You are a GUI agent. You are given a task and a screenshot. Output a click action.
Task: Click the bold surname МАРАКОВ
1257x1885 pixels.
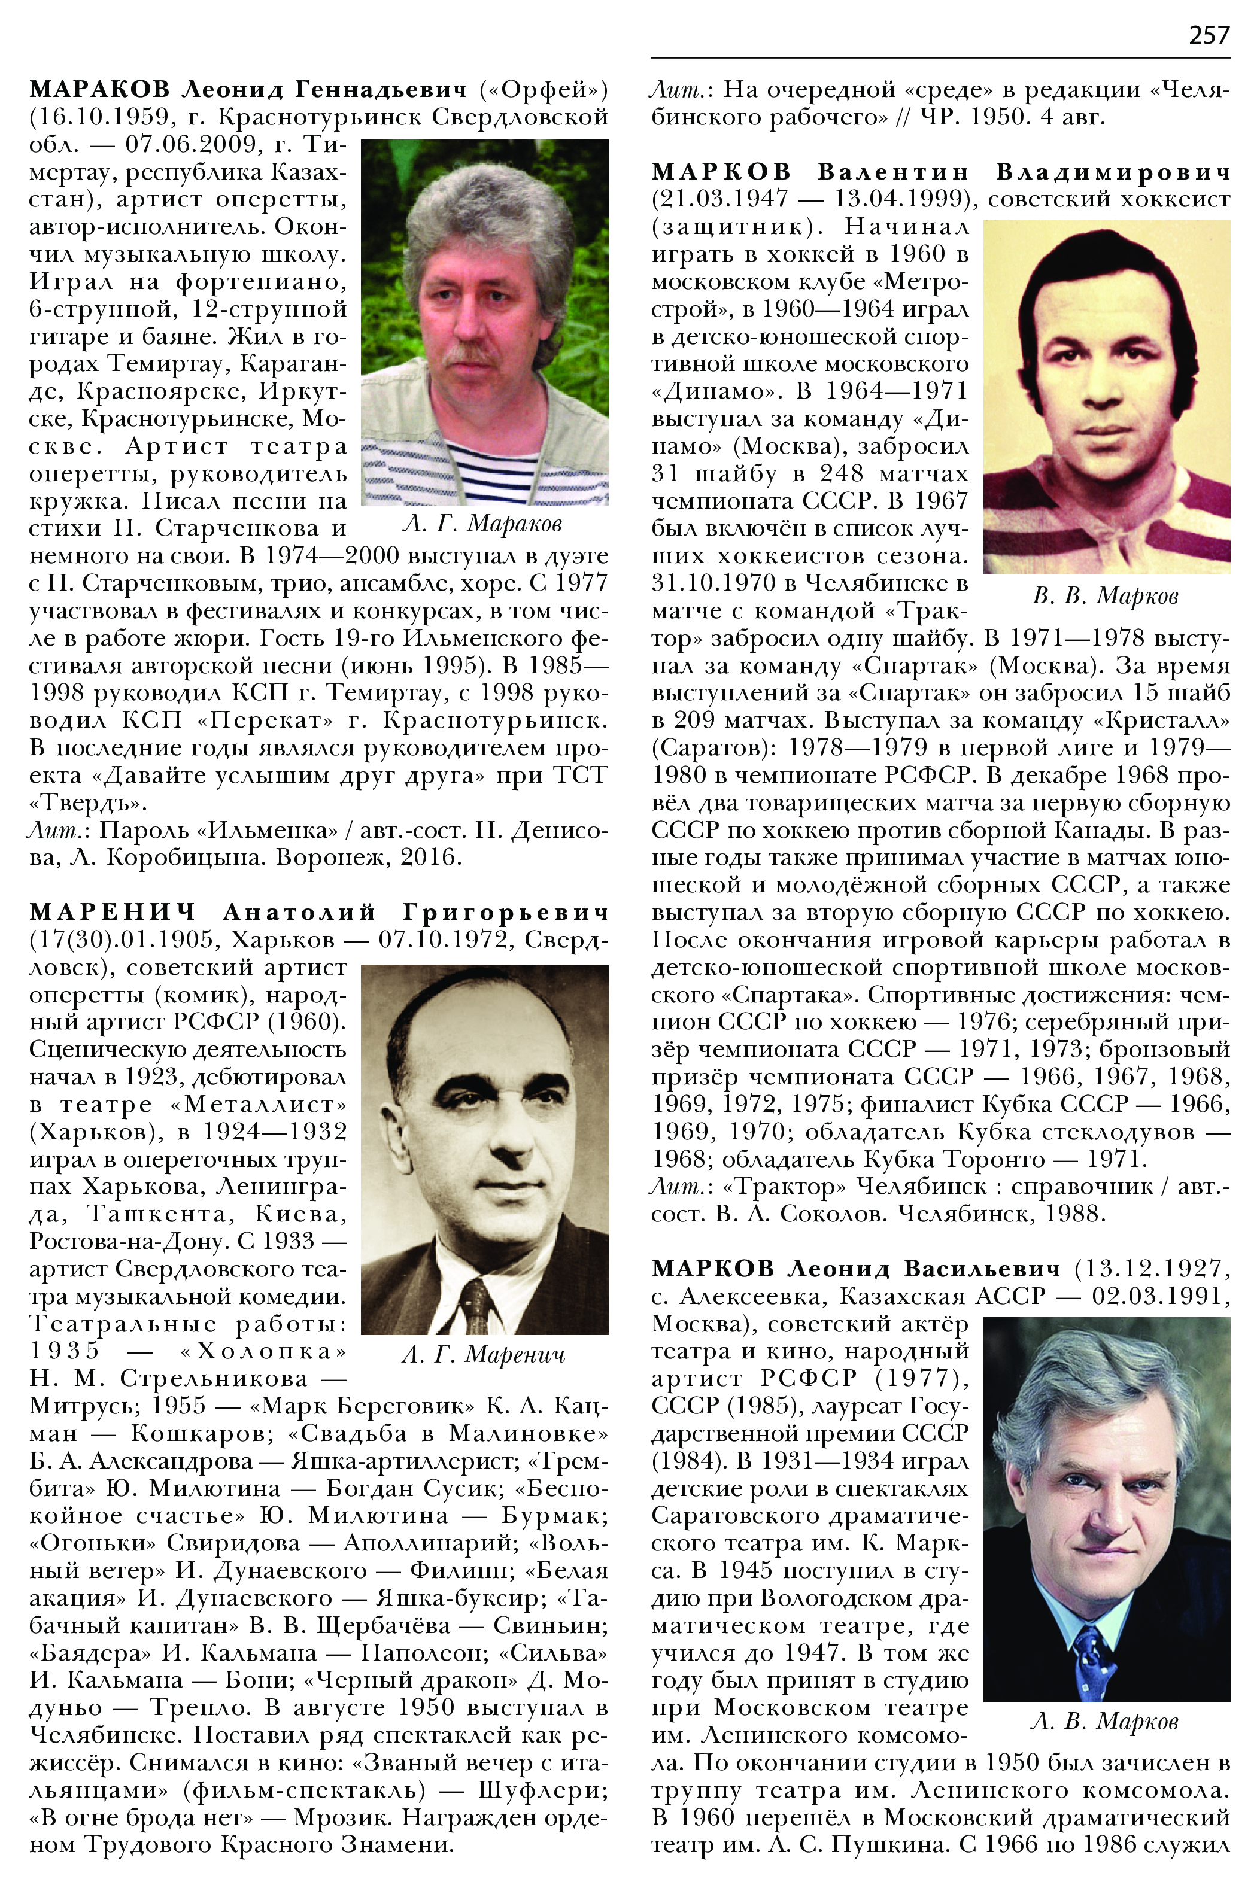pyautogui.click(x=99, y=89)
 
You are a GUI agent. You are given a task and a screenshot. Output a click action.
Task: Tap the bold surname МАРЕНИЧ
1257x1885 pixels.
pyautogui.click(x=113, y=912)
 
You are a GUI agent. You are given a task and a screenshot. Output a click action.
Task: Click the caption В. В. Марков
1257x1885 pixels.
pyautogui.click(x=1106, y=595)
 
